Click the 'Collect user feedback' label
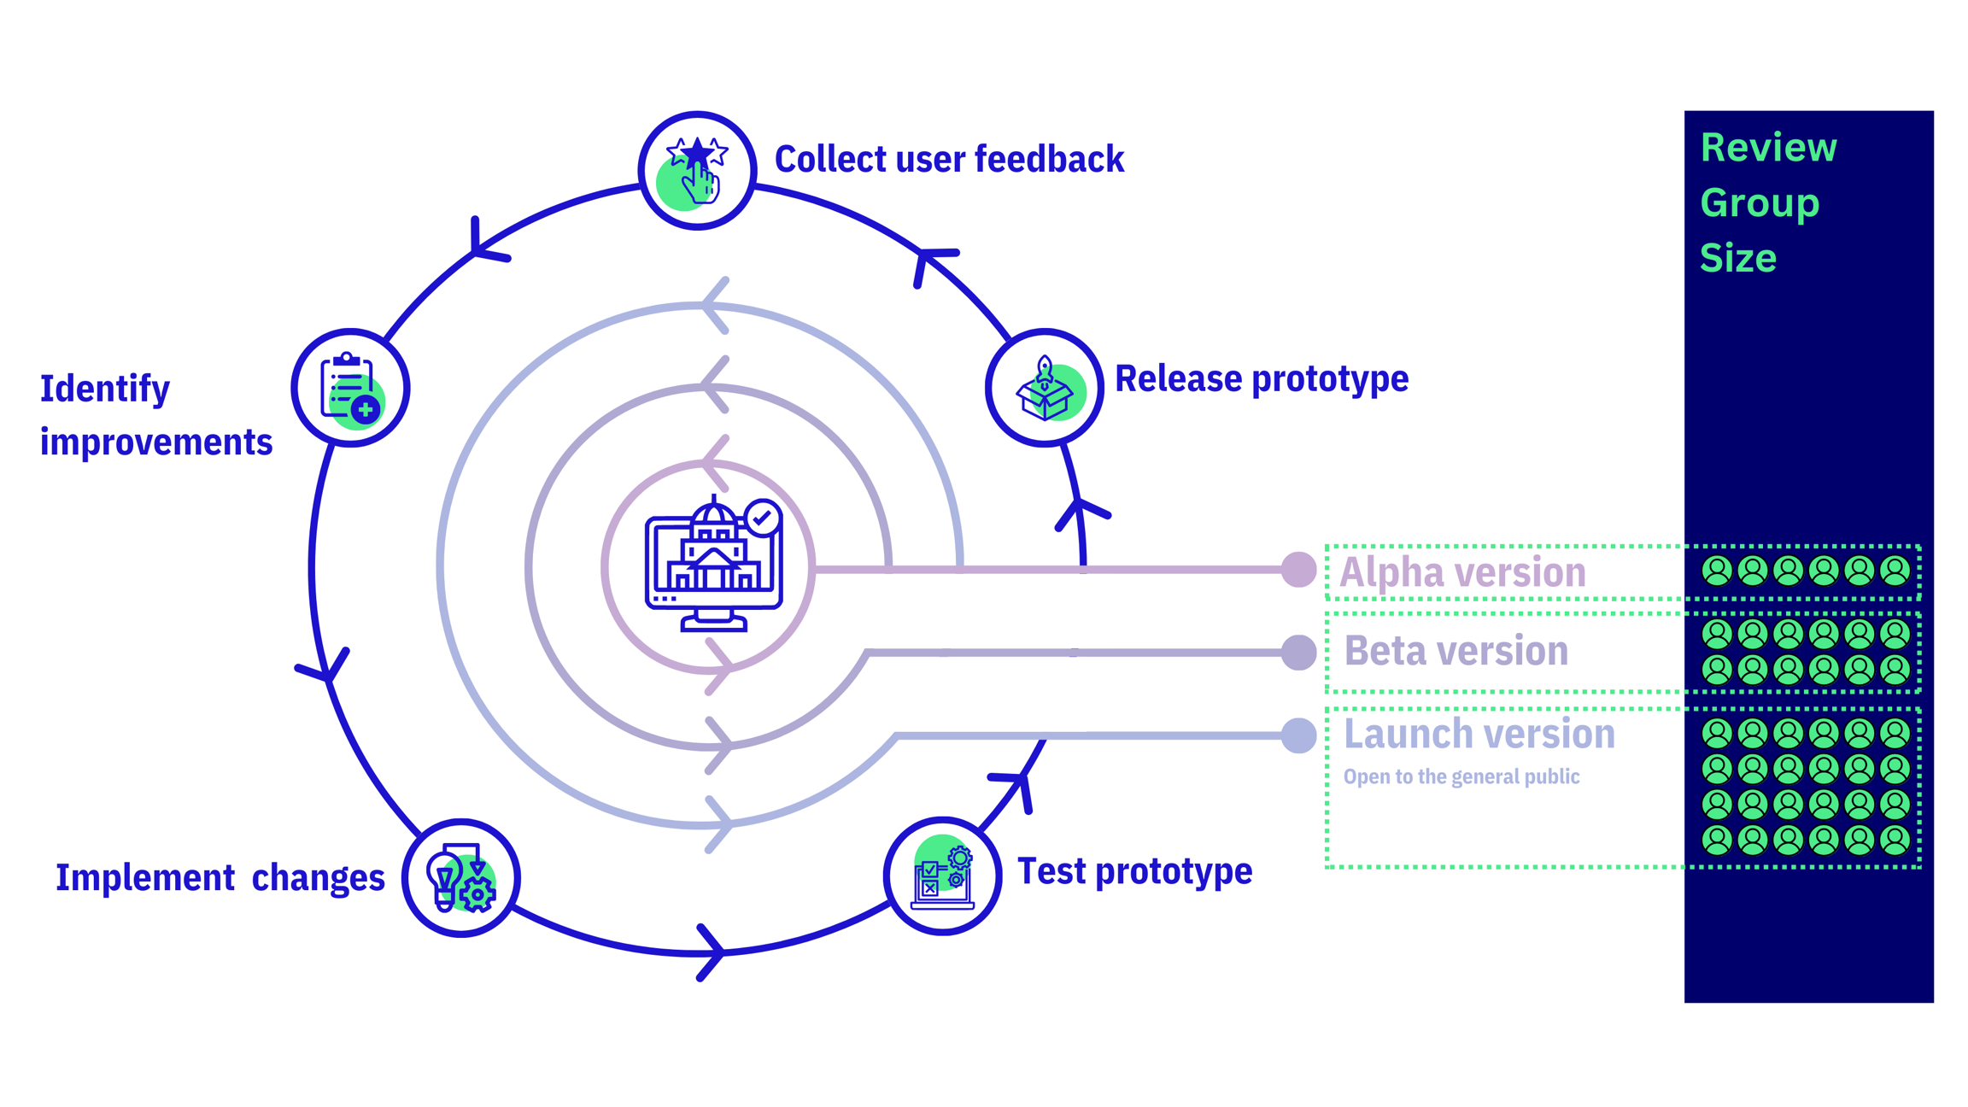[948, 160]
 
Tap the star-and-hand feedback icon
[697, 171]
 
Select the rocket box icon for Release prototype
[1044, 389]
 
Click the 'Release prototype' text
[1261, 378]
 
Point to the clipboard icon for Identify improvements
[350, 388]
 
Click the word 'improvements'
[156, 442]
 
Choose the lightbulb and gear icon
[461, 878]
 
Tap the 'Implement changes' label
[220, 878]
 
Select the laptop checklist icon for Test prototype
[942, 876]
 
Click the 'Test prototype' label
[1134, 871]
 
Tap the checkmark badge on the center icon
[762, 518]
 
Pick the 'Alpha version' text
[1462, 572]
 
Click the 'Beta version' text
[1455, 651]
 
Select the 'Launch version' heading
[1479, 734]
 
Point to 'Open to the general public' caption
[1461, 776]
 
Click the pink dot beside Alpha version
[1298, 570]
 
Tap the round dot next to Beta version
[1298, 653]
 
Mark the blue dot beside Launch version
[1298, 735]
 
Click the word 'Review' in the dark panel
[1767, 148]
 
